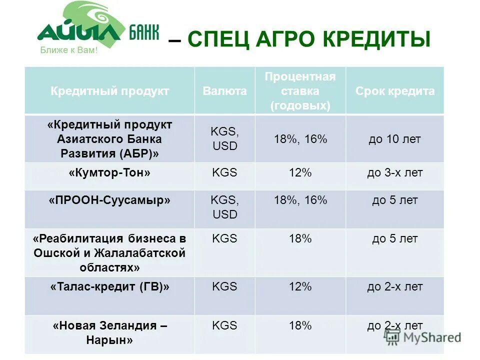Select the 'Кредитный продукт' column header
(109, 91)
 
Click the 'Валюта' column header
(224, 91)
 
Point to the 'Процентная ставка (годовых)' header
(300, 91)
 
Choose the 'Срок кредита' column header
(395, 91)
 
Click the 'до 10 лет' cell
(395, 139)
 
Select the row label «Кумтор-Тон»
(109, 173)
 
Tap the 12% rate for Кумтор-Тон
(300, 173)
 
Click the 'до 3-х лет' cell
(395, 173)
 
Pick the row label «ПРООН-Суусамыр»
(109, 200)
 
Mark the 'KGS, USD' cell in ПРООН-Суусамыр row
(224, 207)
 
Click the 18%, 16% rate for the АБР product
(300, 139)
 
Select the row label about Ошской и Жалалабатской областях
(109, 253)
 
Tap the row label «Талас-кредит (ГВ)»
(109, 287)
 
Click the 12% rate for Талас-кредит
(300, 287)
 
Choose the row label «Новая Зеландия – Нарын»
(109, 333)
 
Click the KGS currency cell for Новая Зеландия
(224, 326)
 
